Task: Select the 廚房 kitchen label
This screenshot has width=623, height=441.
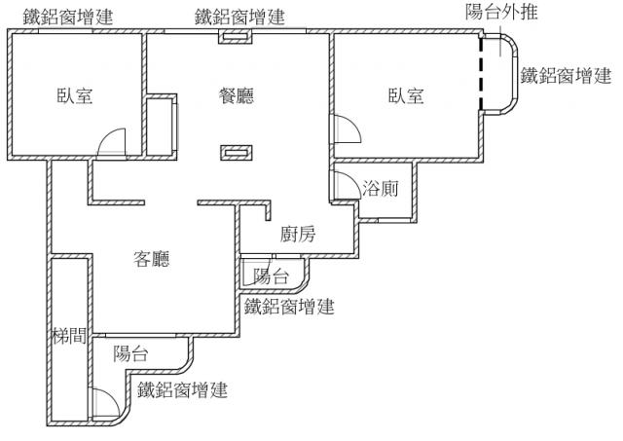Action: tap(297, 234)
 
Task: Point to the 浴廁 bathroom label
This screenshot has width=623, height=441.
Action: tap(380, 189)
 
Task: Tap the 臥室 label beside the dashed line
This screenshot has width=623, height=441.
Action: tap(406, 95)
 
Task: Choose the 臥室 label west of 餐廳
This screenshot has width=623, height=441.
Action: tap(74, 95)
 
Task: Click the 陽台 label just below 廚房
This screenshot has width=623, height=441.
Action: tap(271, 276)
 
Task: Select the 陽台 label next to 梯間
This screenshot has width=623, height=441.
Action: tap(131, 353)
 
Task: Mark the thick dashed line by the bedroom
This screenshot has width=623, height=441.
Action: tap(480, 78)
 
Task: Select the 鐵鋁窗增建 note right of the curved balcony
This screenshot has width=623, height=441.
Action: tap(566, 75)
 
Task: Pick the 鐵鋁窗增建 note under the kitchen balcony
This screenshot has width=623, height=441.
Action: tap(289, 308)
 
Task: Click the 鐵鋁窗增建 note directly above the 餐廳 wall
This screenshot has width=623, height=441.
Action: tap(239, 17)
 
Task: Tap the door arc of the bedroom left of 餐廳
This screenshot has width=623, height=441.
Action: tap(114, 142)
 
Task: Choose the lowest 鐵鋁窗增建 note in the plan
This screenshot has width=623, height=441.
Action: tap(183, 390)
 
